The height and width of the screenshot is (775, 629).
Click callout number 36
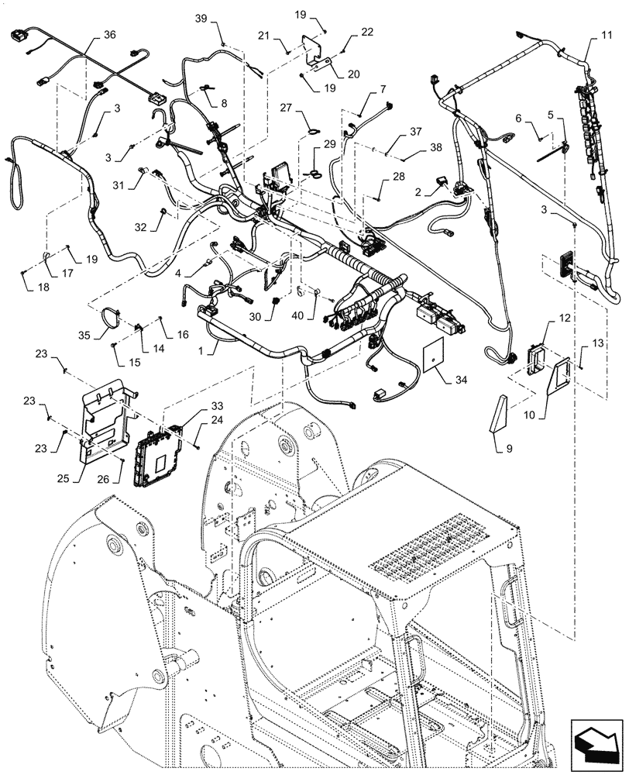pyautogui.click(x=110, y=35)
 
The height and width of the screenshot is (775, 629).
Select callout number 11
pyautogui.click(x=605, y=36)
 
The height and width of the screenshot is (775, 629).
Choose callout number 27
pyautogui.click(x=304, y=108)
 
